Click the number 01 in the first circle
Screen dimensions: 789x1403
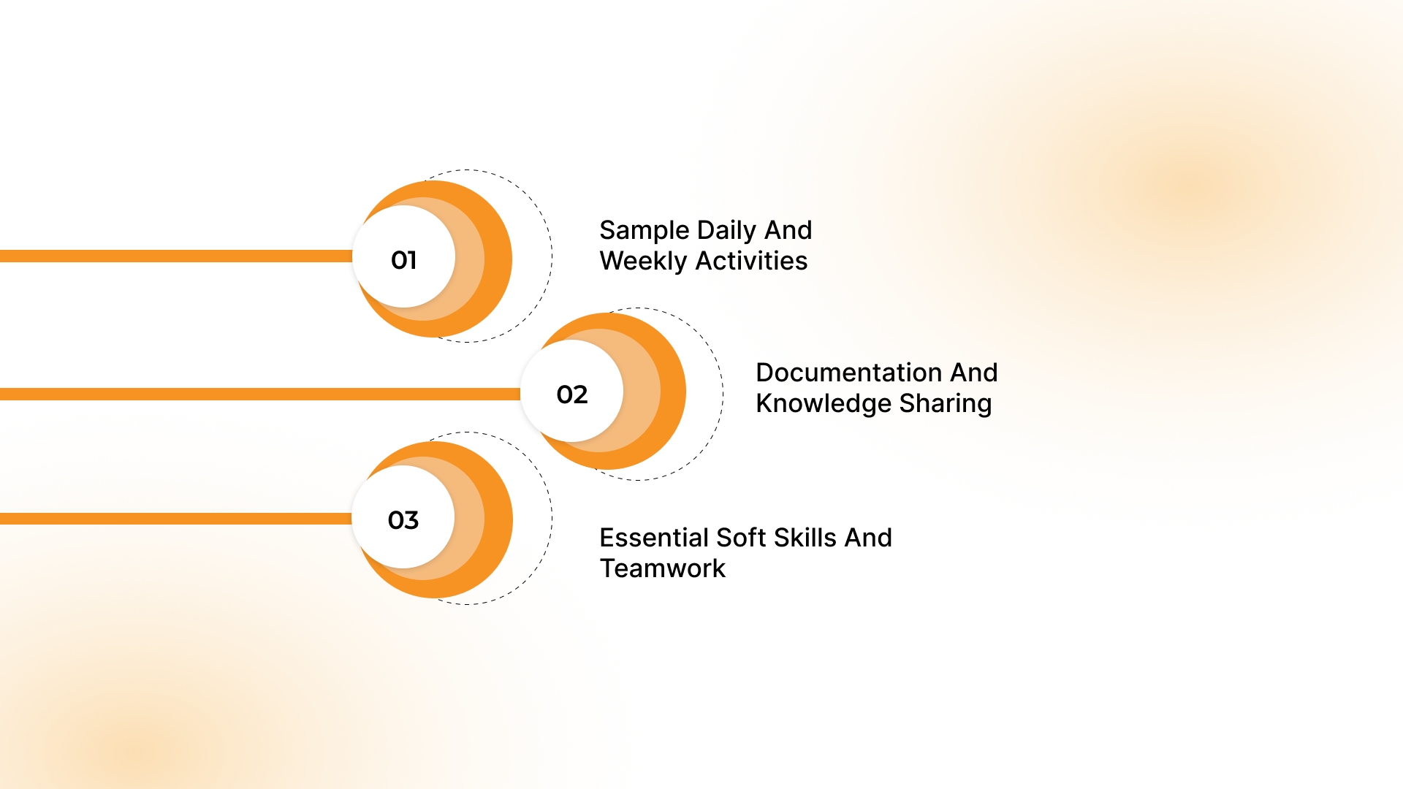(x=403, y=260)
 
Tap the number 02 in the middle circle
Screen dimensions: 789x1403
(x=571, y=394)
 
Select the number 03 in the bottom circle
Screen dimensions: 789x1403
(x=403, y=520)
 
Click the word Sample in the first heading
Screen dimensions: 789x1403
(x=644, y=231)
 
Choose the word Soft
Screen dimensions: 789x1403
(x=741, y=538)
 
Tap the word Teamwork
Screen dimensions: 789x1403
(x=662, y=568)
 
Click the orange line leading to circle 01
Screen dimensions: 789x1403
(x=175, y=256)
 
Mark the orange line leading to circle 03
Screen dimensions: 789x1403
(x=175, y=519)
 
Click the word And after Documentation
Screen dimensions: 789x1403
(x=973, y=373)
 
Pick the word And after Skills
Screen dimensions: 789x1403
(x=868, y=538)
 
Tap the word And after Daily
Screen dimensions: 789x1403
(x=788, y=231)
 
